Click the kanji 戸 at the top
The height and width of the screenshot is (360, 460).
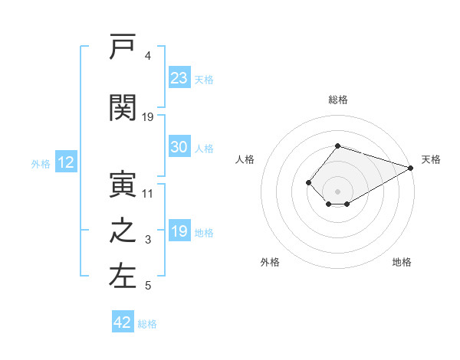point(123,46)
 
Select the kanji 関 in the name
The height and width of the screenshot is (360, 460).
point(123,107)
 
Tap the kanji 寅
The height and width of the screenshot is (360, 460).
point(123,185)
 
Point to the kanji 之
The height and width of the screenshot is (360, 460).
point(123,231)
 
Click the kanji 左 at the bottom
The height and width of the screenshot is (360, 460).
point(123,277)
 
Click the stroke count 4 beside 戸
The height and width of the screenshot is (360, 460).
point(148,56)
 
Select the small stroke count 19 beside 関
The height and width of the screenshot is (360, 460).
point(147,117)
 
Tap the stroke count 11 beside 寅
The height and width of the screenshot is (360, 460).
point(147,194)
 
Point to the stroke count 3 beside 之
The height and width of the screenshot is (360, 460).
point(148,240)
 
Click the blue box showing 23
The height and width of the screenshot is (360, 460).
point(179,77)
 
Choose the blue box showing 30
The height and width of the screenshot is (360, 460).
point(179,146)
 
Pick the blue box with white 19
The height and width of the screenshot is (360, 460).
point(179,230)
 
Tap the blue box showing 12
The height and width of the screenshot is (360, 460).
point(66,162)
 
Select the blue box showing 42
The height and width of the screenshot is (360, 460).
point(123,321)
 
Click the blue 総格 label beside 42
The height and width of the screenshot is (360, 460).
point(147,324)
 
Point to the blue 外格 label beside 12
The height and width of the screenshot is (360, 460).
point(41,164)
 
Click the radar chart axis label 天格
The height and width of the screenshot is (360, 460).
point(431,159)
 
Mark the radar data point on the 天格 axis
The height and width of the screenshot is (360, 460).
point(411,168)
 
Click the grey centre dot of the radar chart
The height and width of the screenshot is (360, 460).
point(337,191)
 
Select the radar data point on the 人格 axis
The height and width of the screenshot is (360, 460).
point(308,182)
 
